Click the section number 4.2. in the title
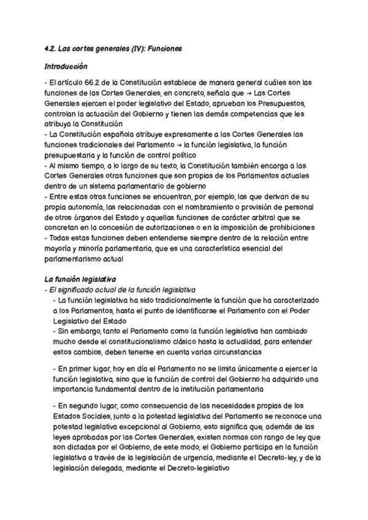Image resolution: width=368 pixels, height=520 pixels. coord(52,48)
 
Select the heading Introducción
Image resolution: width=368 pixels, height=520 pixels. coord(66,66)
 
